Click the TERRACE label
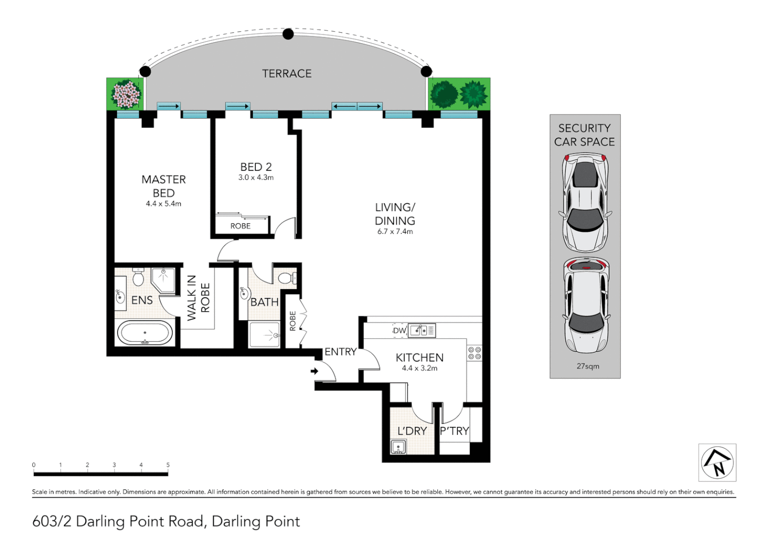(x=286, y=73)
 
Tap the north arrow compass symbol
(x=717, y=463)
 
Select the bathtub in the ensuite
(x=145, y=333)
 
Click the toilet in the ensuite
(x=138, y=277)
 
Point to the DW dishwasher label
(x=400, y=331)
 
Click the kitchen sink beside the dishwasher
(x=422, y=330)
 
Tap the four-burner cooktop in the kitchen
(x=475, y=353)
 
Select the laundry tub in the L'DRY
(x=398, y=447)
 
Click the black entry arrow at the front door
(x=315, y=371)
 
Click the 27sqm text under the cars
(x=588, y=367)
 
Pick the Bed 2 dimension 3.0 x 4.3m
(x=256, y=177)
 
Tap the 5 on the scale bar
(x=168, y=465)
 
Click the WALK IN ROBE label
(x=198, y=298)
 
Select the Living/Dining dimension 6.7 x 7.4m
(x=395, y=232)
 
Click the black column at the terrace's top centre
(x=288, y=34)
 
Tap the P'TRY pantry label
(x=454, y=431)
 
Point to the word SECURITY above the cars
(x=585, y=128)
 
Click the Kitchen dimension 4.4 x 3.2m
(x=420, y=369)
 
